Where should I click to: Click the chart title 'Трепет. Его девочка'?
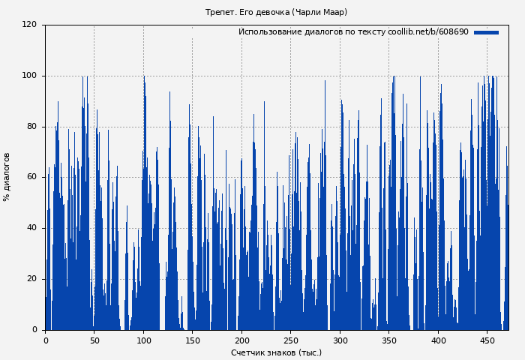[276, 12]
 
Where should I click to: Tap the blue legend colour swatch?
[486, 32]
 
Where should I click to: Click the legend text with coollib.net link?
[353, 32]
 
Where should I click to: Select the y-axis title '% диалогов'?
[7, 177]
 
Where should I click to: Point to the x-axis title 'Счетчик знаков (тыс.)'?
[276, 352]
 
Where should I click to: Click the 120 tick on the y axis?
[29, 25]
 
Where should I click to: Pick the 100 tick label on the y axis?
[29, 76]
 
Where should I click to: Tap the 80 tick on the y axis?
[31, 127]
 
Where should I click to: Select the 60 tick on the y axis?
[31, 177]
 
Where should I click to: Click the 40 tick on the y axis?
[31, 228]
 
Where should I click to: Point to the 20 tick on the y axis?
[31, 279]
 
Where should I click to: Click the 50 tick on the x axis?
[94, 340]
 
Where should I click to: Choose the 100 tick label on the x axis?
[143, 340]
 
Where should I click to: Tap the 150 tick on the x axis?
[192, 340]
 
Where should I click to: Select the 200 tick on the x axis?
[241, 340]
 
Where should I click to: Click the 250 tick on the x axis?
[290, 340]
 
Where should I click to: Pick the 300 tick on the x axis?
[340, 340]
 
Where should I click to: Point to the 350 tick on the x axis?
[388, 340]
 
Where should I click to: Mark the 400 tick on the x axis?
[438, 340]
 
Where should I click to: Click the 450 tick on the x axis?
[487, 340]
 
